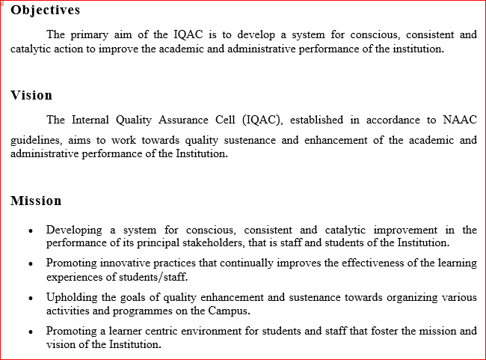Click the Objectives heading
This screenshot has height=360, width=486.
tap(46, 11)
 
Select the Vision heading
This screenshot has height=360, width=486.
tap(31, 96)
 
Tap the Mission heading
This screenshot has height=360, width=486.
tap(36, 201)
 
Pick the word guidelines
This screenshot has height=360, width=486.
tap(35, 140)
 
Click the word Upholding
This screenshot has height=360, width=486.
tap(71, 297)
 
